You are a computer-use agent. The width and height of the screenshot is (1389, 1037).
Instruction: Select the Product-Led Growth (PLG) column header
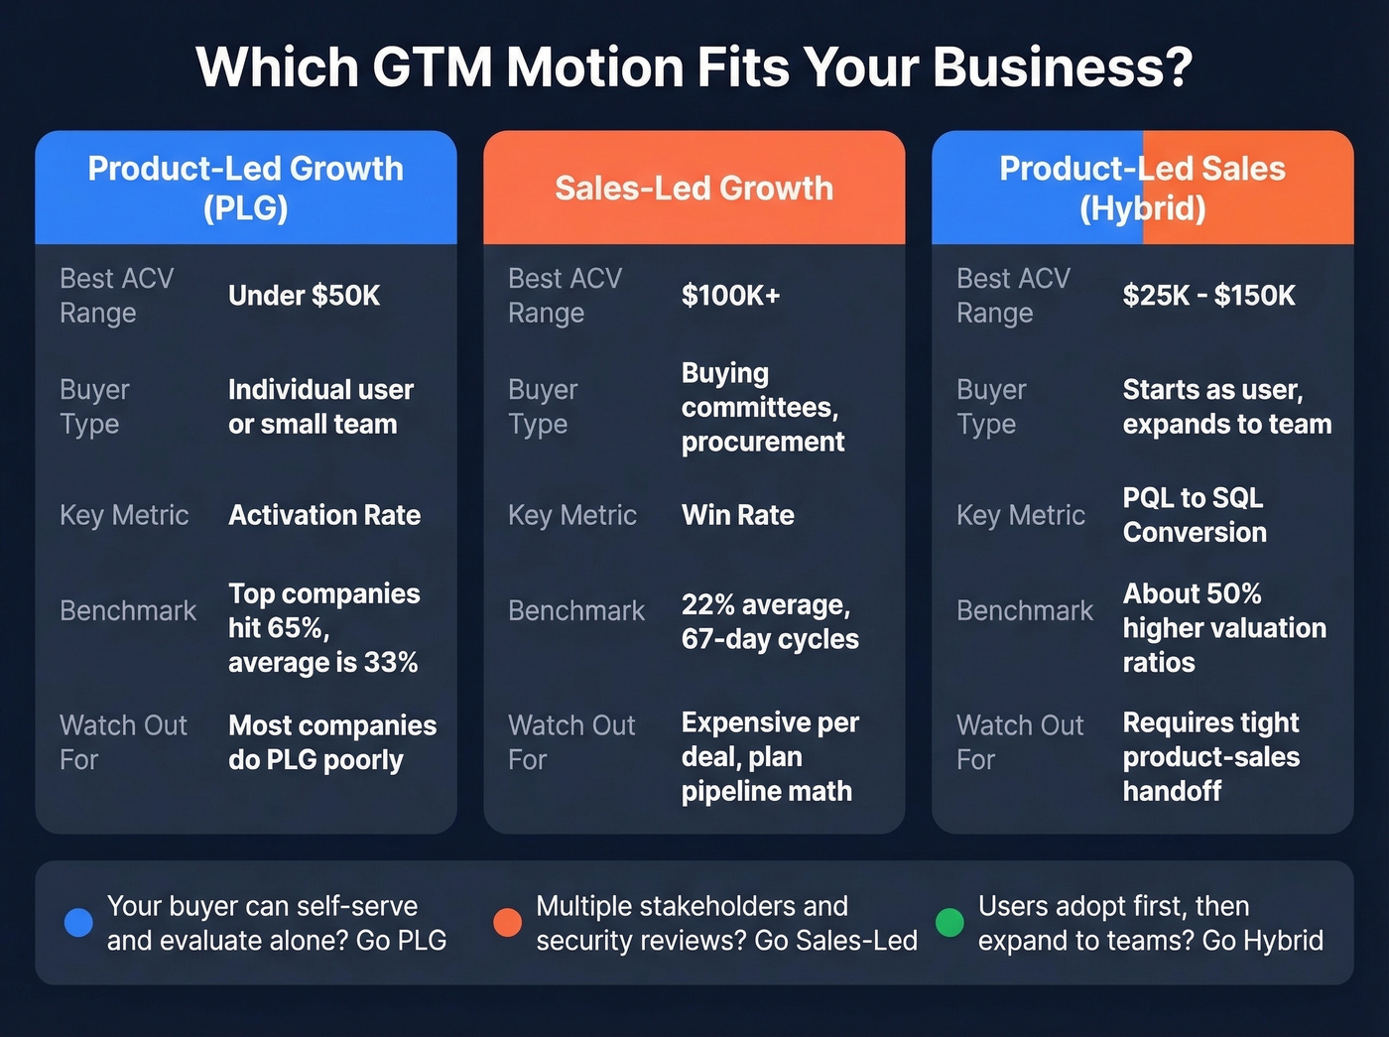[x=245, y=188]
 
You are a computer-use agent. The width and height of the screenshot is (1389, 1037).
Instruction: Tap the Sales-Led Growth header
[x=694, y=188]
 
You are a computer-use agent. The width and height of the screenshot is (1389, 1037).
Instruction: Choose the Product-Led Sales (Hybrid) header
[x=1142, y=188]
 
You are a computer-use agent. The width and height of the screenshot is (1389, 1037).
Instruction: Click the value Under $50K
[x=304, y=296]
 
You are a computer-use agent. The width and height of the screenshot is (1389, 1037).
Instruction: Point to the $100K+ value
[x=730, y=296]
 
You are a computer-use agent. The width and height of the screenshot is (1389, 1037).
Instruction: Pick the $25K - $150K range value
[x=1208, y=296]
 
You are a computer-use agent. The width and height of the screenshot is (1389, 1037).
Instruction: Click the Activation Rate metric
[x=323, y=515]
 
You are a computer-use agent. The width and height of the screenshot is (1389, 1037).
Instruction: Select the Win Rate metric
[x=737, y=515]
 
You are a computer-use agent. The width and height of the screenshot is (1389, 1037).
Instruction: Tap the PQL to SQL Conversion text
[x=1195, y=515]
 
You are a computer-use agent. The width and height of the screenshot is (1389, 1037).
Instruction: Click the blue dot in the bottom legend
[x=78, y=923]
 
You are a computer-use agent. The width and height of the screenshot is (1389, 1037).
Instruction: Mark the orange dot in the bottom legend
[x=507, y=923]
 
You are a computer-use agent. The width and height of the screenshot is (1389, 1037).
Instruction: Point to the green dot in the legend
[x=949, y=923]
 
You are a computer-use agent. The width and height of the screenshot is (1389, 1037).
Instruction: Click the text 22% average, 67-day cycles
[x=769, y=622]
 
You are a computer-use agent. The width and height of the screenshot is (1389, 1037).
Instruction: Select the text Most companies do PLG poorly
[x=331, y=742]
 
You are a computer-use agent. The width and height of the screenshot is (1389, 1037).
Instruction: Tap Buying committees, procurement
[x=762, y=407]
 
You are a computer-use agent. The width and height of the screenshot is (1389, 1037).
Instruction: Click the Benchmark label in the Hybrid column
[x=1024, y=610]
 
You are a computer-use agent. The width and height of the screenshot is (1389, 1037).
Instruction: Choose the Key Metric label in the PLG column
[x=124, y=515]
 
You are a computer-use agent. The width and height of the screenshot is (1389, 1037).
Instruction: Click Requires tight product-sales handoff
[x=1210, y=756]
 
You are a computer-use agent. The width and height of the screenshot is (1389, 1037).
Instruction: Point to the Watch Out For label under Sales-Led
[x=570, y=742]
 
